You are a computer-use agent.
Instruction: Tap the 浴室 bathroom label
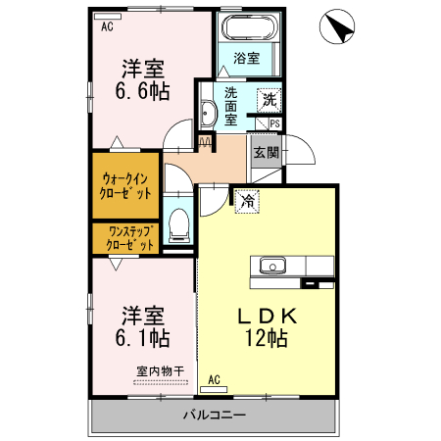coord(247,59)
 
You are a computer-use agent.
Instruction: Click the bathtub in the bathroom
coord(251,28)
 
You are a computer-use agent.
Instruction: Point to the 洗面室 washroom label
coord(231,106)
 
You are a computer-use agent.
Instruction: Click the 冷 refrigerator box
coord(248,200)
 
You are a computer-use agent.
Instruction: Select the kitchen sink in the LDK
coord(271,266)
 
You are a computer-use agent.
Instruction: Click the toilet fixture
coord(177,225)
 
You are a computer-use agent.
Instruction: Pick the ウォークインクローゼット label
coord(125,186)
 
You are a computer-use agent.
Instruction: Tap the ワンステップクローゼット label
coord(125,238)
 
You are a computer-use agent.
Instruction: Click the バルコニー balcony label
coord(214,416)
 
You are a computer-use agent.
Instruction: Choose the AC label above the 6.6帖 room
coord(106,27)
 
